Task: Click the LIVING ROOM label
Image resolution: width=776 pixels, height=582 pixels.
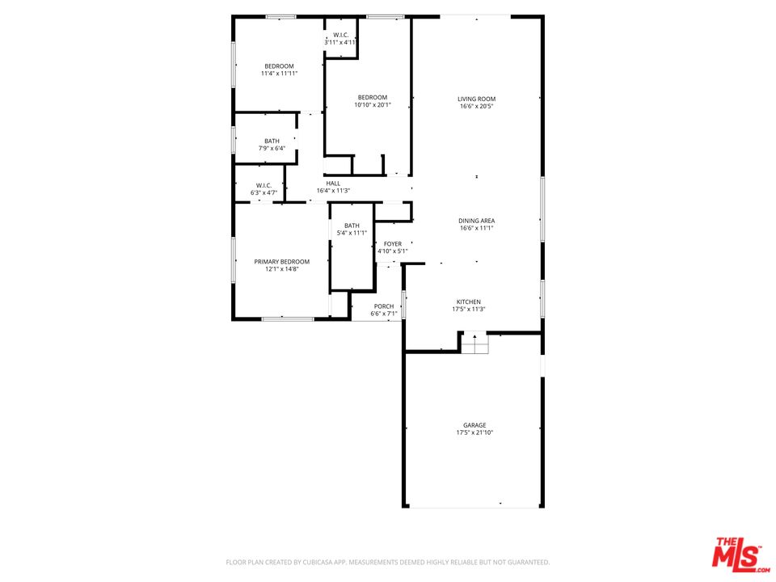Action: (x=477, y=99)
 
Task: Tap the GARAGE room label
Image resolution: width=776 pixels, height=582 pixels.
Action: (x=474, y=425)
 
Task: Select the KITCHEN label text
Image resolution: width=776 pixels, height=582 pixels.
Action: (x=469, y=302)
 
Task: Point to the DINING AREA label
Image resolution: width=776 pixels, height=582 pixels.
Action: (x=477, y=221)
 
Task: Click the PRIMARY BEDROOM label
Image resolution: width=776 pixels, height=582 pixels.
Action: (x=282, y=262)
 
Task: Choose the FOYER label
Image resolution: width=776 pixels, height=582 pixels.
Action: (x=393, y=244)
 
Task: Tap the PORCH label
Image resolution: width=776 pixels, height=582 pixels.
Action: (x=384, y=306)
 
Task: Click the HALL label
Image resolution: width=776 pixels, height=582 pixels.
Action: (x=333, y=183)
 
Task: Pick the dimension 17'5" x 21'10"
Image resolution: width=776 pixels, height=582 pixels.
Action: (x=474, y=432)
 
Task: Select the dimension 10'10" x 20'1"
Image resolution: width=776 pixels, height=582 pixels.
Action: (x=373, y=105)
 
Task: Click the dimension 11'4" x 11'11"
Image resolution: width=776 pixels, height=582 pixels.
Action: (x=279, y=74)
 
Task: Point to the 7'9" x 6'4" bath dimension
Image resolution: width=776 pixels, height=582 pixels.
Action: (x=272, y=149)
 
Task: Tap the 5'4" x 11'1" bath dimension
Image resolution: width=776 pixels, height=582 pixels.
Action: (x=352, y=233)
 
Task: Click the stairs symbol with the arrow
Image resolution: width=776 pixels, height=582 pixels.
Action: (x=475, y=343)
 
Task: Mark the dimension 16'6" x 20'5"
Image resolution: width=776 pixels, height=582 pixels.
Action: (x=477, y=106)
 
